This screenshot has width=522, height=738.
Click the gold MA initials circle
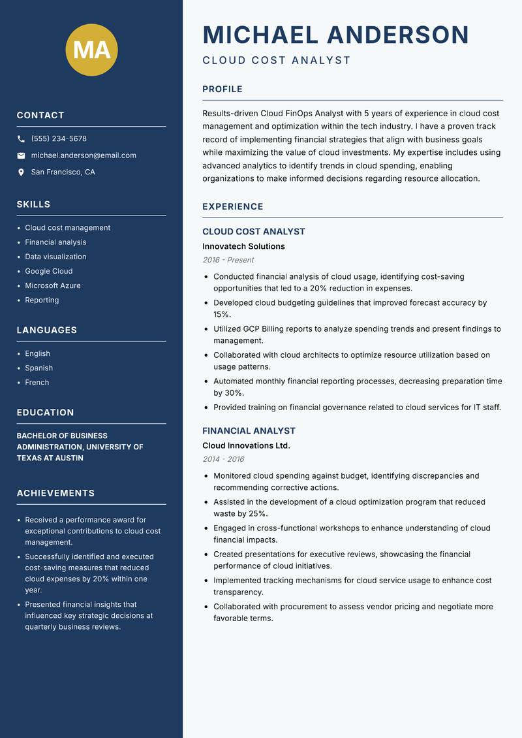click(x=92, y=50)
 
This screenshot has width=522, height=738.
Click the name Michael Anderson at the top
click(x=336, y=35)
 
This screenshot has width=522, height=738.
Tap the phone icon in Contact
click(x=21, y=139)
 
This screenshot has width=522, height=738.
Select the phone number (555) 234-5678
click(x=59, y=139)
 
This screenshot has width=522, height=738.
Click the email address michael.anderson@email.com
click(x=84, y=155)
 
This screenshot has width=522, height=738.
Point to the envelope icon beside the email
click(x=21, y=155)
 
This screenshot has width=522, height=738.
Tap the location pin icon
click(x=21, y=172)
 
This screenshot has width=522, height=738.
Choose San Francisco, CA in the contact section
click(x=63, y=172)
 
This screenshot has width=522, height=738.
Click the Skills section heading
click(x=33, y=204)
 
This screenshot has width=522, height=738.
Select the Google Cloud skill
click(x=49, y=271)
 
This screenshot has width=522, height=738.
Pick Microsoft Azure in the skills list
click(x=53, y=285)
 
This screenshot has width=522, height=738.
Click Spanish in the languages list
click(x=39, y=368)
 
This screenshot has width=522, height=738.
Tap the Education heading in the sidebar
click(x=45, y=413)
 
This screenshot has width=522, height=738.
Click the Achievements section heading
click(x=55, y=493)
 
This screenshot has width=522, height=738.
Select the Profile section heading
click(x=223, y=89)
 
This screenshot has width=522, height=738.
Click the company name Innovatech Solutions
click(x=243, y=247)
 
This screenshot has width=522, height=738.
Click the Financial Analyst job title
click(x=249, y=431)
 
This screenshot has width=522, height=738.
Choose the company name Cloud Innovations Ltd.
click(x=246, y=446)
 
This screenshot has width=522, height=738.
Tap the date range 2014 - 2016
click(x=223, y=459)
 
